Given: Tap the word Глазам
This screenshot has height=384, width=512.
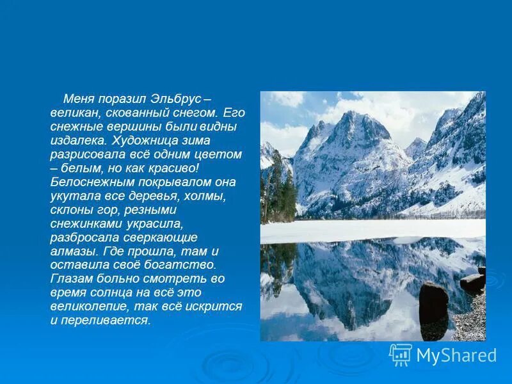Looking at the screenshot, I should tap(71, 278).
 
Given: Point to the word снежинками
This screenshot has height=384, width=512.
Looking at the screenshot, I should tap(83, 223).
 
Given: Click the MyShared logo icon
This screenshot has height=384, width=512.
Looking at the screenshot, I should tap(400, 354).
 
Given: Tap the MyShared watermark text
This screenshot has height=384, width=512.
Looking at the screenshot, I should tap(456, 355).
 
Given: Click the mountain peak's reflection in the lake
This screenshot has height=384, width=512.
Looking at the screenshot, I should tap(349, 282).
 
